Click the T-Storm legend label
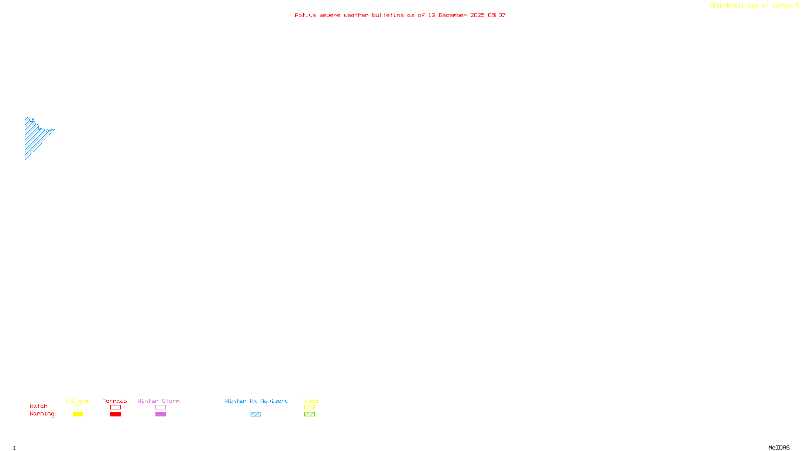77,401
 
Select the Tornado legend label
115,401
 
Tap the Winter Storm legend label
158,401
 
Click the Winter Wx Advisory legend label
257,401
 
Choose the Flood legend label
309,401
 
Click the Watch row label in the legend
39,406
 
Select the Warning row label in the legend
42,414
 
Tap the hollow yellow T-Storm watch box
78,407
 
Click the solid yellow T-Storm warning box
78,414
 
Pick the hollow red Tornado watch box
115,407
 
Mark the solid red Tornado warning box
115,414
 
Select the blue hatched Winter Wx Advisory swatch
256,414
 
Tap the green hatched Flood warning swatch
309,414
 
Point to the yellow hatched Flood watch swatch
309,407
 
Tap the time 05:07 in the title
497,15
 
